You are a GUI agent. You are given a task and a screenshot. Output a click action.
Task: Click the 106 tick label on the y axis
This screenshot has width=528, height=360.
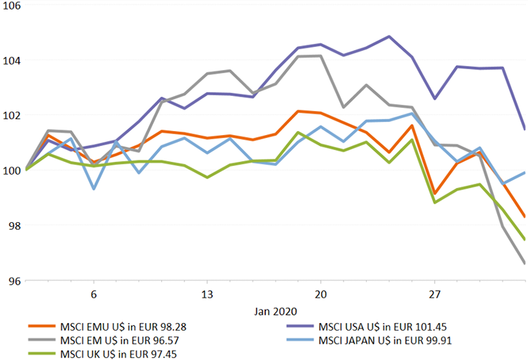pyautogui.click(x=12, y=5)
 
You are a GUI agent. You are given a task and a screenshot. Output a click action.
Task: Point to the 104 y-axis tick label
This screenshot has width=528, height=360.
pyautogui.click(x=12, y=60)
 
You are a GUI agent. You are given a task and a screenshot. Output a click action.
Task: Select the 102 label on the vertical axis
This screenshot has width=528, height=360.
pyautogui.click(x=12, y=115)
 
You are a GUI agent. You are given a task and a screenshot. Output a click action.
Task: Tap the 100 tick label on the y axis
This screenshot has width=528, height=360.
pyautogui.click(x=12, y=170)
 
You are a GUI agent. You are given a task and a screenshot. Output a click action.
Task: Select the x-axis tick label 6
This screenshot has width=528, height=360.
pyautogui.click(x=93, y=293)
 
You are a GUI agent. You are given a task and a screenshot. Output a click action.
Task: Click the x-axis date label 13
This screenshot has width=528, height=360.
pyautogui.click(x=206, y=293)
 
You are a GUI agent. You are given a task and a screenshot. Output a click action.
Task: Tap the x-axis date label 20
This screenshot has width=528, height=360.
pyautogui.click(x=320, y=293)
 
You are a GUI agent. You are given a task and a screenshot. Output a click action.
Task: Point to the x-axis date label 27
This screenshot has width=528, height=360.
pyautogui.click(x=434, y=293)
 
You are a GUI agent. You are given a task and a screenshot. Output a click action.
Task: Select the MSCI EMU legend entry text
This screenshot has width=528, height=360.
pyautogui.click(x=120, y=326)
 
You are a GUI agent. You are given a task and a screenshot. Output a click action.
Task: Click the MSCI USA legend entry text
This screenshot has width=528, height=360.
pyautogui.click(x=383, y=326)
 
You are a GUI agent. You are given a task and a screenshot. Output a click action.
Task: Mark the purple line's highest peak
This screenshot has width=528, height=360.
pyautogui.click(x=389, y=36)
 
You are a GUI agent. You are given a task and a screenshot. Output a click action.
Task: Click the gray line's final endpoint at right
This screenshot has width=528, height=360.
pyautogui.click(x=525, y=263)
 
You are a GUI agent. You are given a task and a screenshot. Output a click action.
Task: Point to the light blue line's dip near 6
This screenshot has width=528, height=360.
pyautogui.click(x=93, y=189)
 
